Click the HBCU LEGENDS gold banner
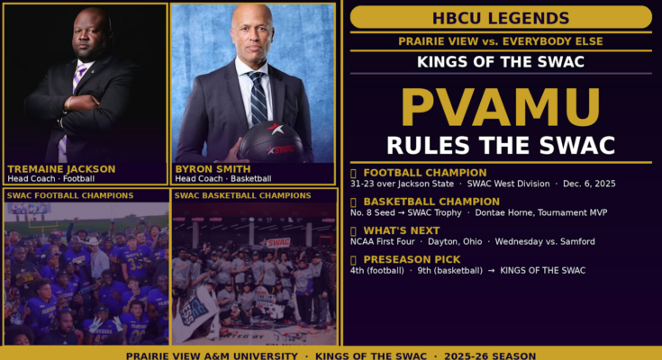[x=501, y=17]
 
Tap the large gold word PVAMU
[x=501, y=107]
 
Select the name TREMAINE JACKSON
[x=61, y=169]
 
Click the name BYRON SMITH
[x=213, y=169]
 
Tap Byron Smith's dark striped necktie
[x=258, y=97]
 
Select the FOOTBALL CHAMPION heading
[x=425, y=173]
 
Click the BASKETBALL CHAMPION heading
[x=431, y=202]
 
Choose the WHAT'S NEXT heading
[x=402, y=231]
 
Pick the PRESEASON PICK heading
[x=412, y=259]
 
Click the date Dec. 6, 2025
[x=589, y=184]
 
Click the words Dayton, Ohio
[x=455, y=242]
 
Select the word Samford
[x=577, y=242]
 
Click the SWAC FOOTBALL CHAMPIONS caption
[x=70, y=195]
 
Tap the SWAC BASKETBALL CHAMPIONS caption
[x=243, y=195]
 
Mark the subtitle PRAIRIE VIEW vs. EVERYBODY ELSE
[x=501, y=41]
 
